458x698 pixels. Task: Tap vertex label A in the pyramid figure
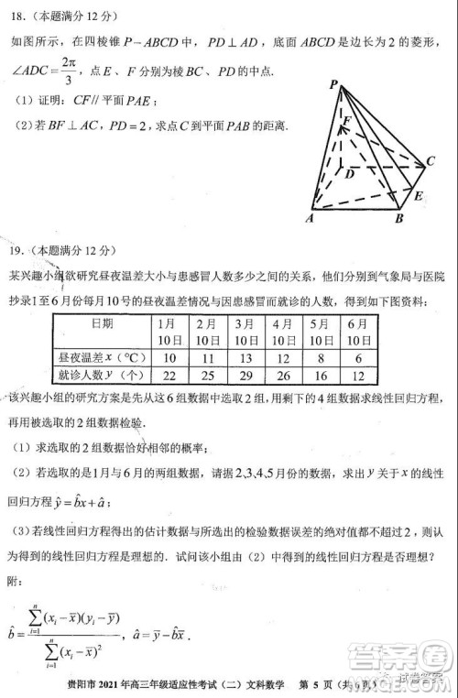pyautogui.click(x=311, y=219)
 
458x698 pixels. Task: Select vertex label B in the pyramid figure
pyautogui.click(x=399, y=220)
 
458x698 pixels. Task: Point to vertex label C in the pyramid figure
pyautogui.click(x=429, y=162)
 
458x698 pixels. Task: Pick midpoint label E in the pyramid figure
pyautogui.click(x=418, y=196)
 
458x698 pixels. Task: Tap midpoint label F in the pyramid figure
pyautogui.click(x=347, y=120)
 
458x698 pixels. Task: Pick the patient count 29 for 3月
pyautogui.click(x=245, y=376)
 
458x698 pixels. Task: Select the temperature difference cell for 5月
pyautogui.click(x=320, y=356)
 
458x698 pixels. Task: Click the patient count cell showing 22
pyautogui.click(x=169, y=376)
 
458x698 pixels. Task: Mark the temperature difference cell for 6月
pyautogui.click(x=357, y=356)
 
